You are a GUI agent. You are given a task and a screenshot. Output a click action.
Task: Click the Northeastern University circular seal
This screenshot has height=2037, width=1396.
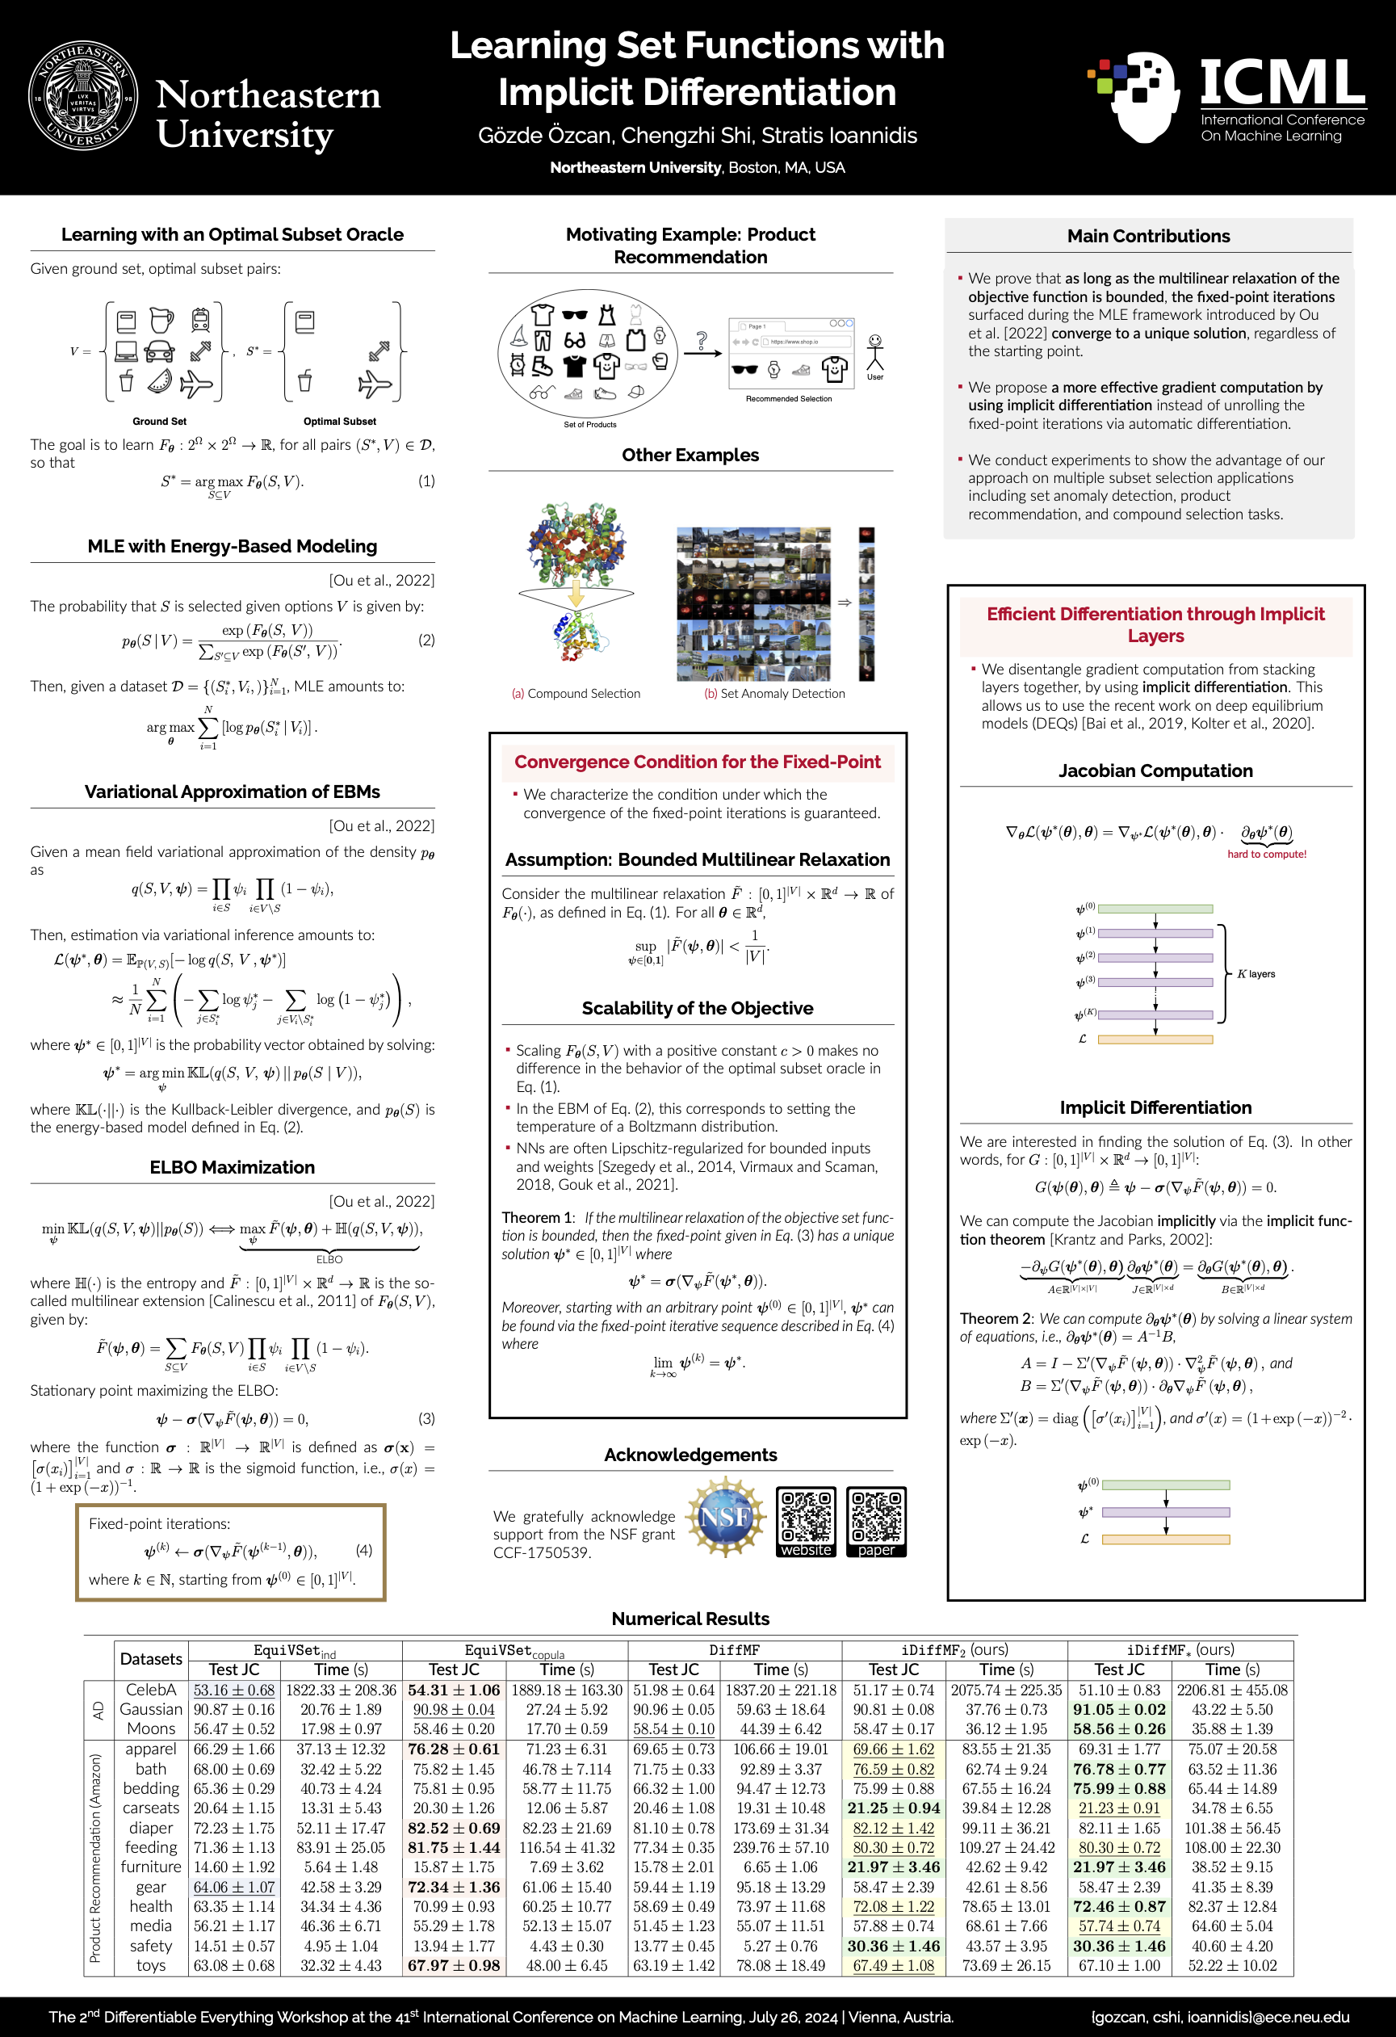point(83,95)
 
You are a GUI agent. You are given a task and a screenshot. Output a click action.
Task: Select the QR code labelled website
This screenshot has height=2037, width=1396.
point(805,1522)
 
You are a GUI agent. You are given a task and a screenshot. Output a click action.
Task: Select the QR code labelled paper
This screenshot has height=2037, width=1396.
point(876,1522)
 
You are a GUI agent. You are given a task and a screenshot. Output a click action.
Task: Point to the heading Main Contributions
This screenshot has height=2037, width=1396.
point(1148,236)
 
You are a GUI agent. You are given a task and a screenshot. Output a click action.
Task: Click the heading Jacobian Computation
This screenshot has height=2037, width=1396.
point(1155,771)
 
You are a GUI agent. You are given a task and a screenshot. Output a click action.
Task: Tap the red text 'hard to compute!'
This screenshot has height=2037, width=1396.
point(1266,854)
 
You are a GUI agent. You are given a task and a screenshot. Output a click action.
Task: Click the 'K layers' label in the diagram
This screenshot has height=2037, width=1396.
point(1256,974)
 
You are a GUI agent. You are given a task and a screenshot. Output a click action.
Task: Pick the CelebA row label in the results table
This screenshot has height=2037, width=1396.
point(151,1690)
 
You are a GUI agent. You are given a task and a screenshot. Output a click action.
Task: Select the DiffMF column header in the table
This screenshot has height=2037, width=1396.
point(735,1650)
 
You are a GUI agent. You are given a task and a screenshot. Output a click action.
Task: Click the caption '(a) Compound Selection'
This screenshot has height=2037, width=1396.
point(576,693)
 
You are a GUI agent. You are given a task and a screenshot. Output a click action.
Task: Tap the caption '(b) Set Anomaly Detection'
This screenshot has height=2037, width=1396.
point(774,693)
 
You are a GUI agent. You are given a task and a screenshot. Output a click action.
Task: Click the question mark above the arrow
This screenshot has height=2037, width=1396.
point(702,338)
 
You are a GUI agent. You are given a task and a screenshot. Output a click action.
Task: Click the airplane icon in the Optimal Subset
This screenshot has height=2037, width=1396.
point(375,384)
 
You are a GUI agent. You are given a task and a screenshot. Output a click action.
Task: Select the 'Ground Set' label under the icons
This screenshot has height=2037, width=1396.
point(160,422)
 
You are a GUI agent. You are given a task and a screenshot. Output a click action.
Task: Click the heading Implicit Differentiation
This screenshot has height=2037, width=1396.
point(1155,1107)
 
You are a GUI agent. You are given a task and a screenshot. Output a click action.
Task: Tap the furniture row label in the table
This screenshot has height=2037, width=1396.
point(151,1867)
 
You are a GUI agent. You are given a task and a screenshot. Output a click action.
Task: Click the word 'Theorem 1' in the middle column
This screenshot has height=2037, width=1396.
point(535,1217)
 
